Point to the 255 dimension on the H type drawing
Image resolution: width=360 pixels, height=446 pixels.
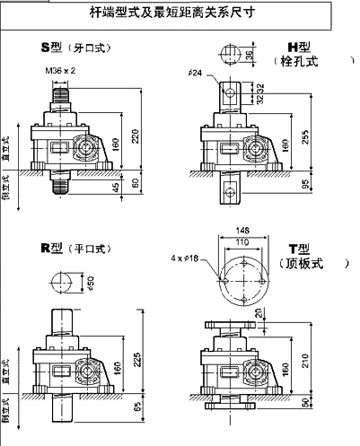click(x=306, y=136)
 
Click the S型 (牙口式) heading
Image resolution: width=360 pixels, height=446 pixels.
click(x=72, y=47)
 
